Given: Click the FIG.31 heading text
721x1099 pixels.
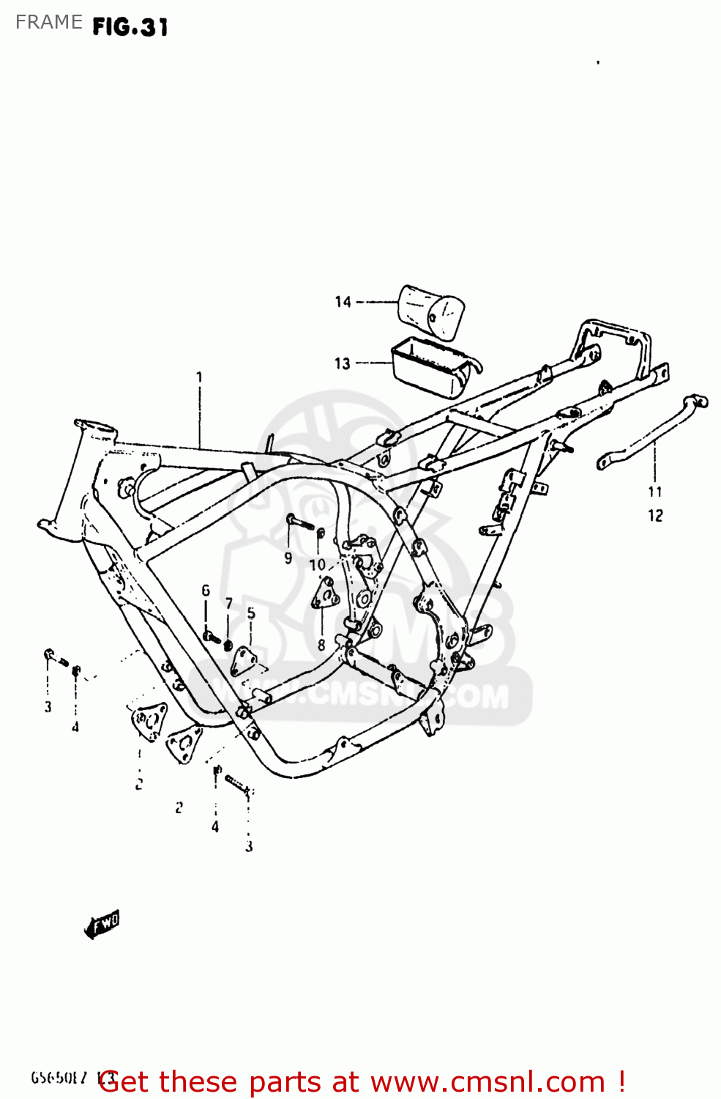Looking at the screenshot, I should (x=130, y=27).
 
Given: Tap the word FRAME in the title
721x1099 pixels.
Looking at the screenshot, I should (x=48, y=22).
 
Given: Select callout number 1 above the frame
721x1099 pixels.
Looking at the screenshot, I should (x=199, y=377).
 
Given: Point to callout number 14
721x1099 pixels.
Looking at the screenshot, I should (x=343, y=302).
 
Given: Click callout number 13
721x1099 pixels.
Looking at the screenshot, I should (x=343, y=363).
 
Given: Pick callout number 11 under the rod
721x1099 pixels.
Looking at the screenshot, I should (x=654, y=492).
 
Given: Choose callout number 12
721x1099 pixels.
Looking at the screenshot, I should (x=655, y=516).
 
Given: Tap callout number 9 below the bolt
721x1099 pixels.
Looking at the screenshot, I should (x=288, y=558).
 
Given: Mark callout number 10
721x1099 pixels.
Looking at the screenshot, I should (x=317, y=565).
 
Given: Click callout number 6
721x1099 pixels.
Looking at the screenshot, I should (x=206, y=591).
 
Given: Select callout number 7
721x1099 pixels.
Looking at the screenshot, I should (x=229, y=603).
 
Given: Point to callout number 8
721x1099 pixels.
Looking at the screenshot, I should (x=321, y=645).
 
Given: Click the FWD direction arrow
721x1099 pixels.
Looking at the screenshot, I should (x=102, y=925).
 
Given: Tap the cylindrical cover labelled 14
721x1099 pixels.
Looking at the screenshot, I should (x=432, y=312).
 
